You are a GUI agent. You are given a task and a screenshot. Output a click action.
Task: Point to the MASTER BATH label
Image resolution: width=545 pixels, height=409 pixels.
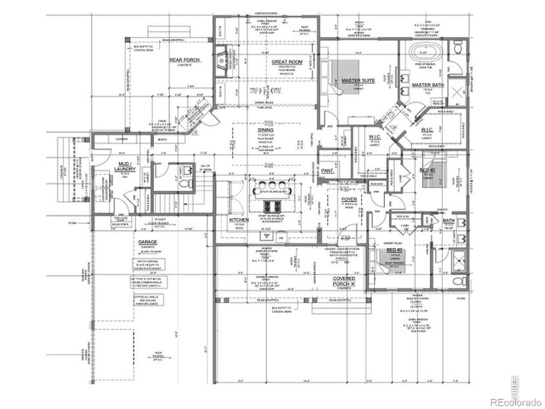pos(428,85)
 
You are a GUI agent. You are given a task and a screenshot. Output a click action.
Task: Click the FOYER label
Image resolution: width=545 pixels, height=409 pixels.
pos(349,200)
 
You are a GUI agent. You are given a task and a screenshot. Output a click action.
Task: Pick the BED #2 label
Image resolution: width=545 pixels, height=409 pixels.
pos(427,169)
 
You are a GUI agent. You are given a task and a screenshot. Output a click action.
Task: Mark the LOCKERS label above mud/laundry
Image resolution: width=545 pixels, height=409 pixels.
pos(123,139)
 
